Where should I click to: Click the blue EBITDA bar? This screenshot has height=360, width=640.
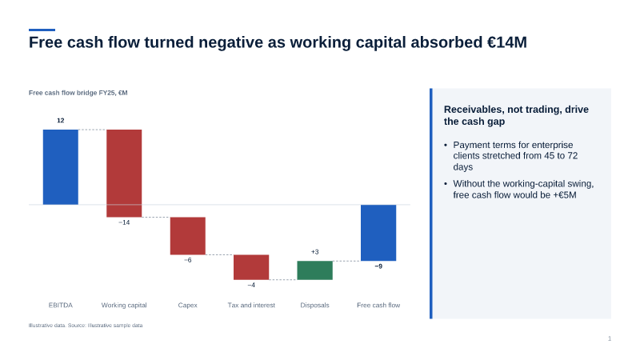pyautogui.click(x=61, y=167)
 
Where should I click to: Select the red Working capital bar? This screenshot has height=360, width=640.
pyautogui.click(x=124, y=173)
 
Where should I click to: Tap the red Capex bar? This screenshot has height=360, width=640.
pyautogui.click(x=188, y=236)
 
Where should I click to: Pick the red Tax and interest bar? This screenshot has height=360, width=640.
pyautogui.click(x=251, y=267)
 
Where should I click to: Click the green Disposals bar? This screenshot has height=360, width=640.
pyautogui.click(x=314, y=270)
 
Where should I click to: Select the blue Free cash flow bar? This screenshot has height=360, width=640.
pyautogui.click(x=378, y=233)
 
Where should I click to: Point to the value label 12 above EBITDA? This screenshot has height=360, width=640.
pyautogui.click(x=61, y=121)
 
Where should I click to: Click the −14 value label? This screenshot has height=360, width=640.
pyautogui.click(x=124, y=222)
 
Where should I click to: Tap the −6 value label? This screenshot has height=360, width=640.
pyautogui.click(x=188, y=260)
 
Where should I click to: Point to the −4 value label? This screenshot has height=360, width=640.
pyautogui.click(x=251, y=285)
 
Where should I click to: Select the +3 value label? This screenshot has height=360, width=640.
pyautogui.click(x=314, y=252)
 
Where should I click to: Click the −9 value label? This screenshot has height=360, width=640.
pyautogui.click(x=378, y=266)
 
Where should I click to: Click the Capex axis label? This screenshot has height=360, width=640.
pyautogui.click(x=188, y=305)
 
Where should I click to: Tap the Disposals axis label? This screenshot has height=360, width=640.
pyautogui.click(x=314, y=305)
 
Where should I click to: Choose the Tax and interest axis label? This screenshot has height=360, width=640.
pyautogui.click(x=251, y=305)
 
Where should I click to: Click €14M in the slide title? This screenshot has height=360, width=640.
pyautogui.click(x=507, y=42)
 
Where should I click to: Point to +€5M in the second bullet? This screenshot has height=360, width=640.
pyautogui.click(x=565, y=195)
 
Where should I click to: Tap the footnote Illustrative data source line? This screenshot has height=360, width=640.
pyautogui.click(x=86, y=326)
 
